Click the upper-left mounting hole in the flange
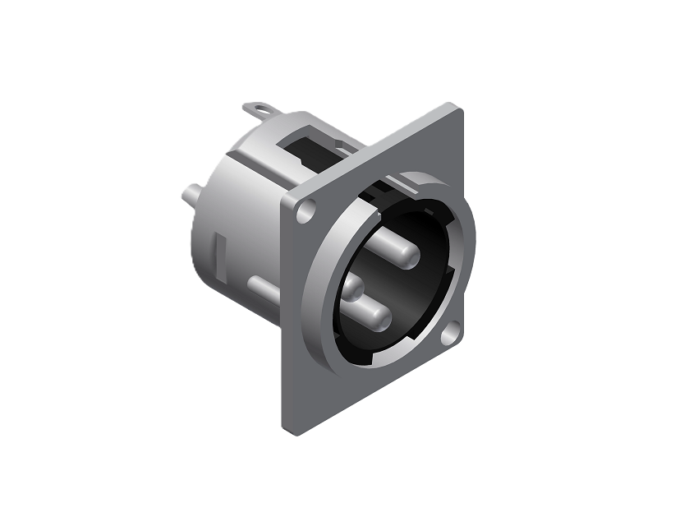coord(306,211)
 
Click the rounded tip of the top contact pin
coord(384,247)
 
